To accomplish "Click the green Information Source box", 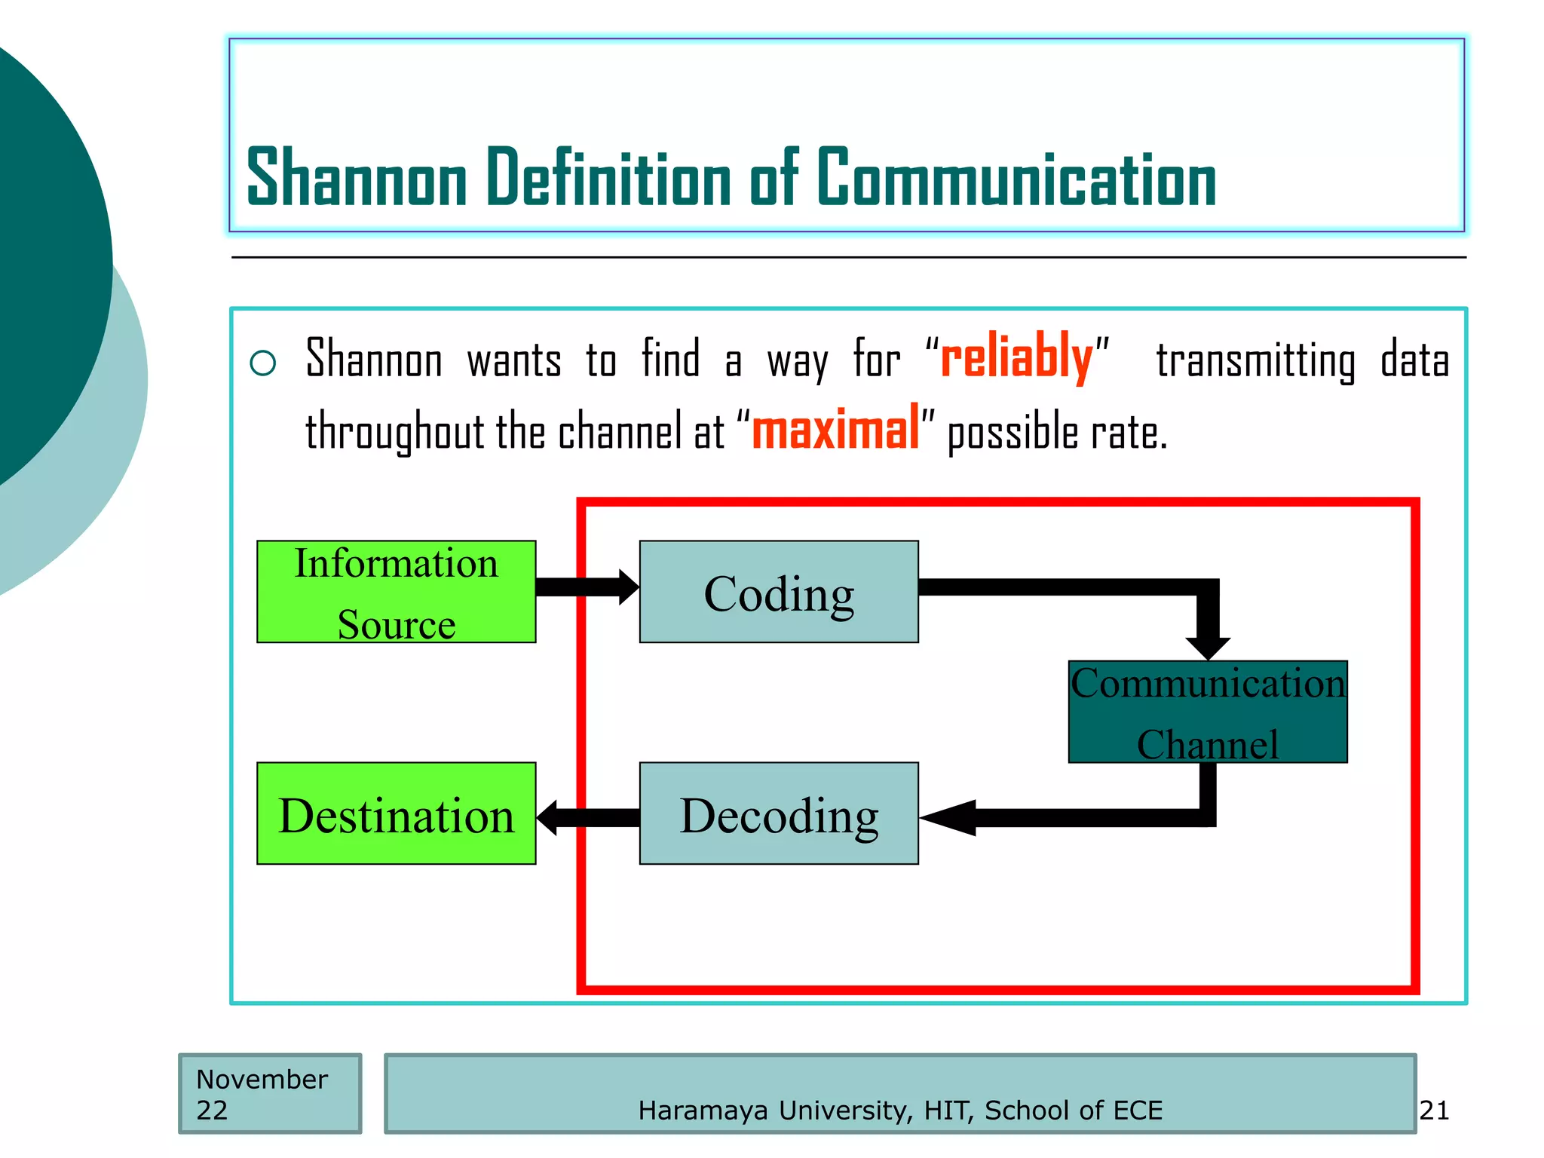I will point(396,592).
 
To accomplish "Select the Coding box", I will point(778,592).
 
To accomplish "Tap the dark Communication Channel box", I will point(1207,712).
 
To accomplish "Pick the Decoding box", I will point(778,813).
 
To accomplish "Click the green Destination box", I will point(396,813).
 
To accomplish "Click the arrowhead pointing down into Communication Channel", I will point(1208,646).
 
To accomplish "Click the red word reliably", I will point(1016,357).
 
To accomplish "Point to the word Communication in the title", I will point(1016,178).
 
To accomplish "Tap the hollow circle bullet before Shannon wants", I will point(263,363).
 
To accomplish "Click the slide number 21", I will point(1433,1111).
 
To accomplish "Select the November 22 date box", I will point(269,1094).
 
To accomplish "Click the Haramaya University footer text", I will point(900,1111).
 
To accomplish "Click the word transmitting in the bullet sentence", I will point(1255,360).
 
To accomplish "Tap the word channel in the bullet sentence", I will point(620,432).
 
